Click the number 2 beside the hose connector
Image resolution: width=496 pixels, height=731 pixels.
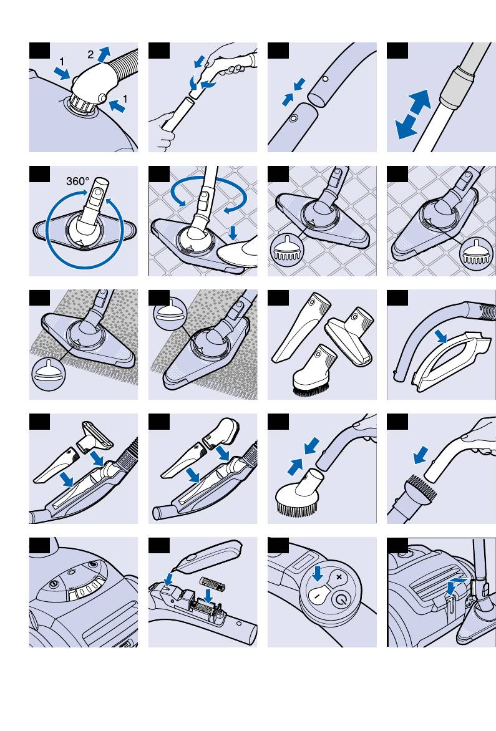tap(90, 55)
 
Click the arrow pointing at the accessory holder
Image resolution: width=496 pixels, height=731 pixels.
tap(442, 337)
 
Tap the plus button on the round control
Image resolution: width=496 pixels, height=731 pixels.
tap(339, 577)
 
